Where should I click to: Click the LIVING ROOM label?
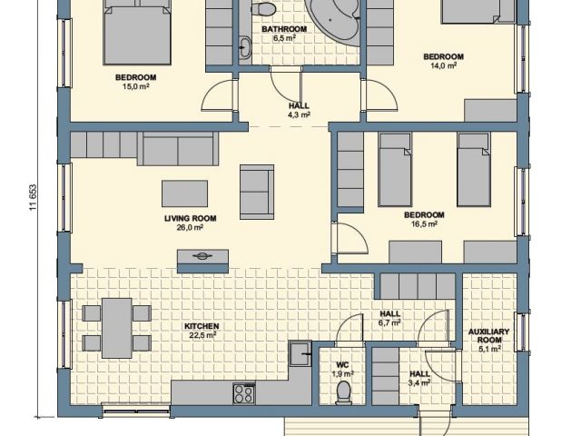(x=190, y=218)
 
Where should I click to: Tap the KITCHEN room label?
(x=202, y=326)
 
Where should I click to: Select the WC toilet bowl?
(x=343, y=392)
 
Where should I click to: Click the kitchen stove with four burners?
(x=244, y=393)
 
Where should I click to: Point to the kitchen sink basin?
(x=300, y=353)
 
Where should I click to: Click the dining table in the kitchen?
(x=117, y=328)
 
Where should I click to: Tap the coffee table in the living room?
(x=184, y=193)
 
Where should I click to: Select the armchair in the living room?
(x=257, y=192)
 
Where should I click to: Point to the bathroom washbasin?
(x=244, y=47)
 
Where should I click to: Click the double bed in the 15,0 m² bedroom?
(x=137, y=33)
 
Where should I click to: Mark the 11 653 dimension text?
(x=34, y=198)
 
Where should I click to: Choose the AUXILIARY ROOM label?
(x=488, y=335)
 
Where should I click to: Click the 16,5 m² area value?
(x=424, y=224)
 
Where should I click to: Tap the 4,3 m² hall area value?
(x=299, y=114)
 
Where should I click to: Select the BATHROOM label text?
(x=284, y=29)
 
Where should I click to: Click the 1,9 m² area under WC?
(x=343, y=373)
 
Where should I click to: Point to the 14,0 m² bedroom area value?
(x=444, y=65)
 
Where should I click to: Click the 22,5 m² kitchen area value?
(x=202, y=335)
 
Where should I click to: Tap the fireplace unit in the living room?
(x=202, y=261)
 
